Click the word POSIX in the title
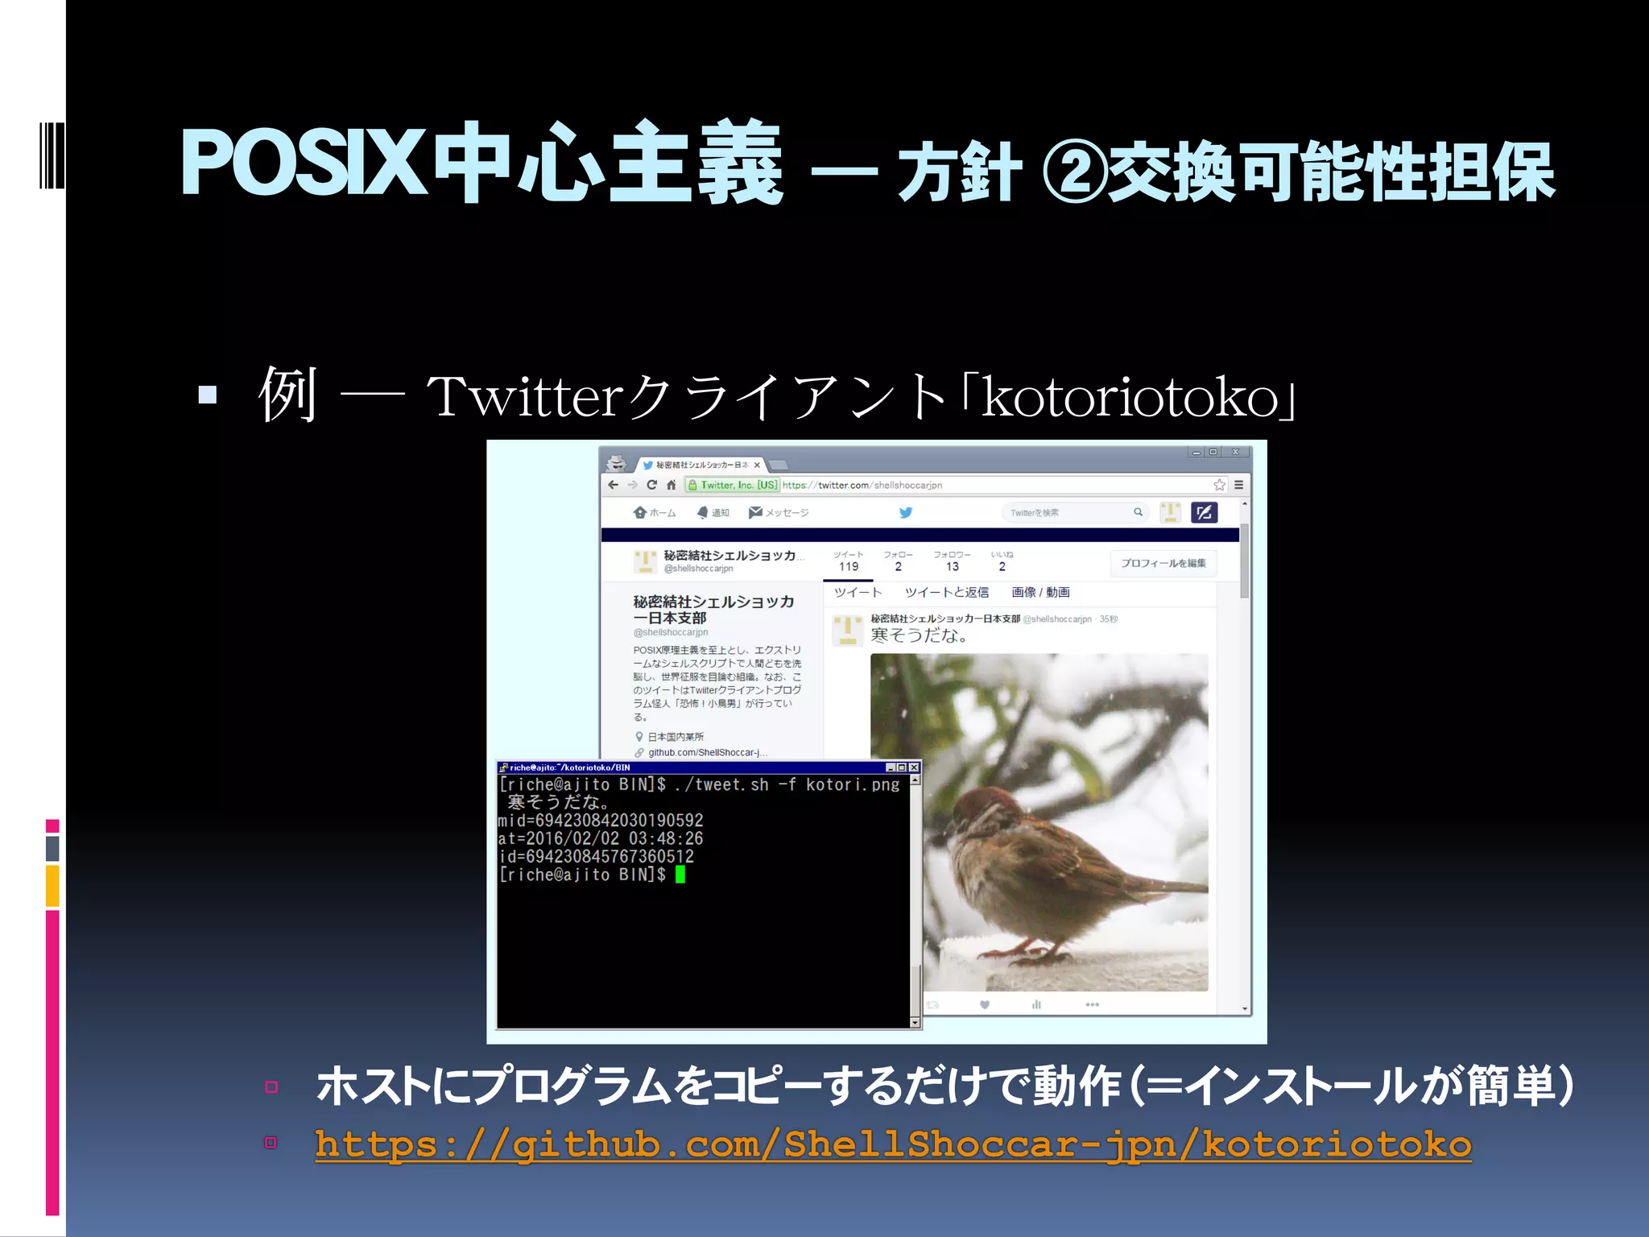[x=302, y=164]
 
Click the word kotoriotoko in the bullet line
[x=1130, y=397]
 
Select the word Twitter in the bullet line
[x=526, y=396]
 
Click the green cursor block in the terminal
[x=680, y=875]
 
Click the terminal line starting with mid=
[x=601, y=821]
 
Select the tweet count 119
[x=849, y=567]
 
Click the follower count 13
[x=953, y=567]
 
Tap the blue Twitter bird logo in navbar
[x=906, y=512]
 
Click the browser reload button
[x=651, y=485]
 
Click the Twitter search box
[x=1071, y=512]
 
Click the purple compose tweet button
[x=1204, y=512]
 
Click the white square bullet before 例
[x=208, y=395]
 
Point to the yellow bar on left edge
[x=52, y=886]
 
